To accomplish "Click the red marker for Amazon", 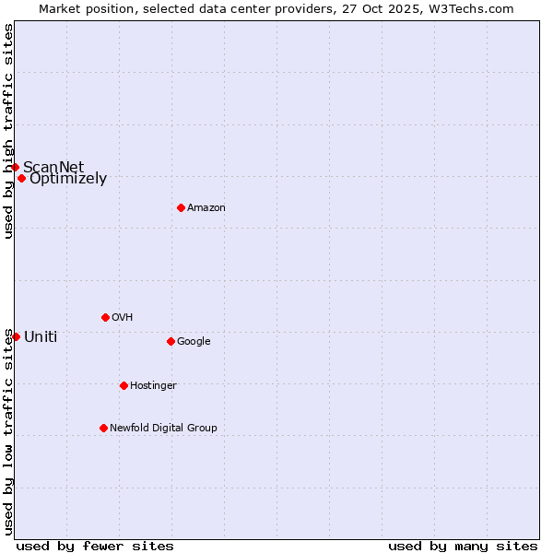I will [x=181, y=207].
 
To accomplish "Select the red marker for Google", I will [x=171, y=341].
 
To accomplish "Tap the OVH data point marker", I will [x=105, y=317].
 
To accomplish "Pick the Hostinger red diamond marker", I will [x=124, y=385].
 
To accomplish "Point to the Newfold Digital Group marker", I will [x=103, y=428].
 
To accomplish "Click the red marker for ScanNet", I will [x=16, y=167].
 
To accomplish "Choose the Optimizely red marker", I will [x=21, y=178].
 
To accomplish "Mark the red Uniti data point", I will [x=16, y=336].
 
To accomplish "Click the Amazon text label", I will [x=206, y=208].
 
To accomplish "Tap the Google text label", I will [x=194, y=342].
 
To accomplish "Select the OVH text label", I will [x=123, y=318].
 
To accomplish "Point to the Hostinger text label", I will [x=153, y=386].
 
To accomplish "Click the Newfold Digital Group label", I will [x=163, y=429].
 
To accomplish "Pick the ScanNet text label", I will [x=53, y=167].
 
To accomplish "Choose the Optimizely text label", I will [x=68, y=179].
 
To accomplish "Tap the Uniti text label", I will [x=41, y=337].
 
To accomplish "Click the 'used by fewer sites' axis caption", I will [x=95, y=546].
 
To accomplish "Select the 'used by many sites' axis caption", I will [x=463, y=546].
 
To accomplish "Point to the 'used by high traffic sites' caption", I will [x=8, y=131].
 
